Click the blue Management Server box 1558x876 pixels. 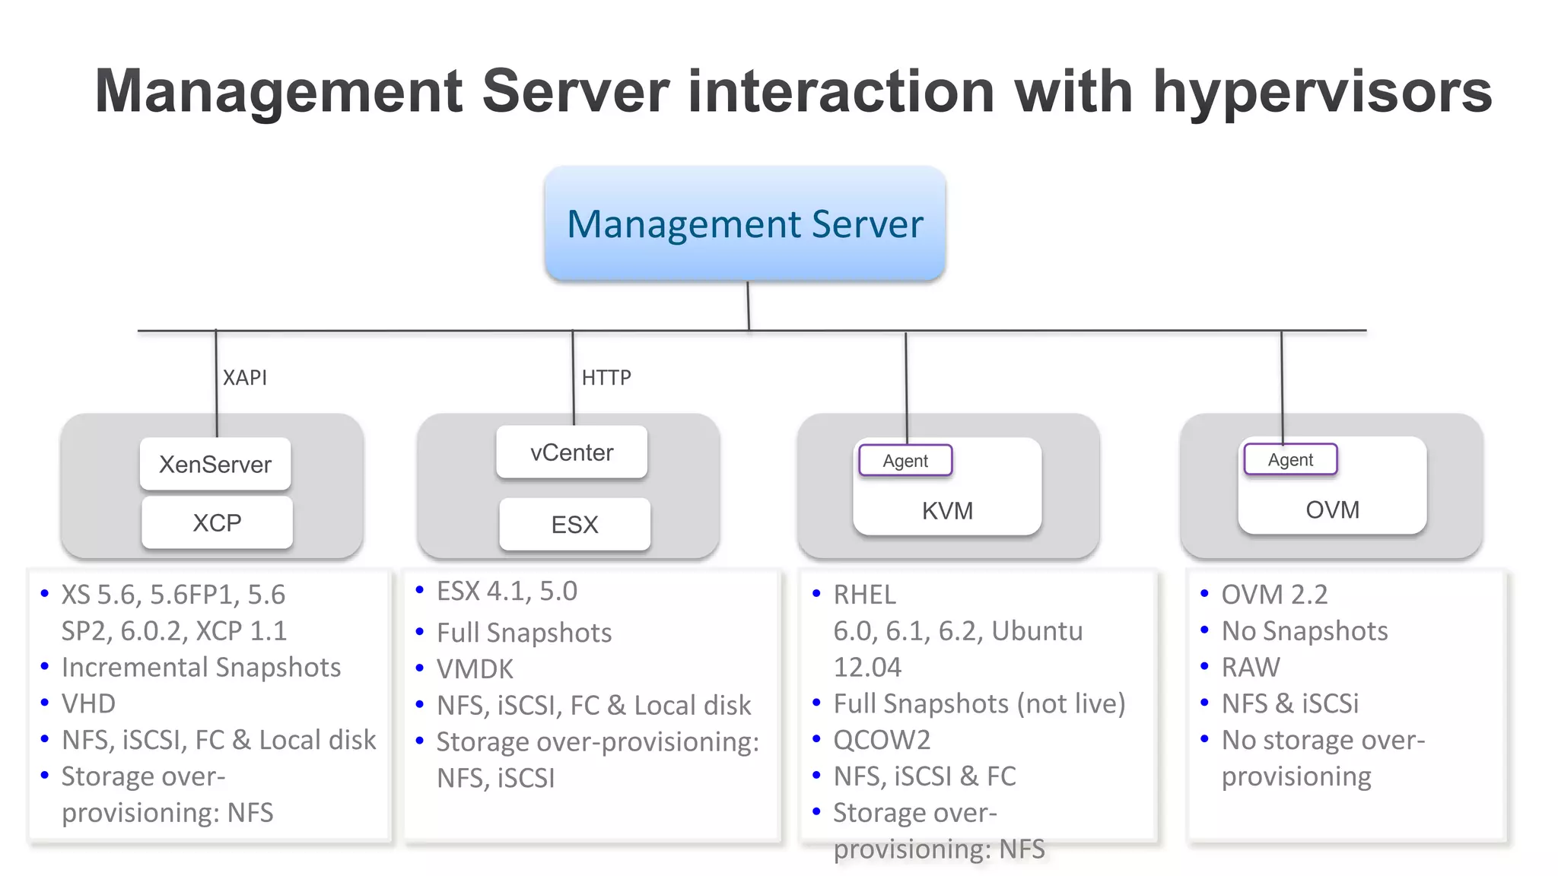[x=745, y=224]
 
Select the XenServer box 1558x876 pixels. [x=215, y=464]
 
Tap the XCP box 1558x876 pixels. [x=217, y=523]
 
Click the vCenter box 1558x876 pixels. [x=571, y=452]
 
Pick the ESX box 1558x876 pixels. [x=574, y=525]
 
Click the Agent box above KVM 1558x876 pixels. [x=905, y=461]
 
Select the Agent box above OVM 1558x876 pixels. [x=1290, y=460]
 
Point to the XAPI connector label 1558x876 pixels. [x=244, y=378]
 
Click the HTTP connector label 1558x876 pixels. [x=606, y=378]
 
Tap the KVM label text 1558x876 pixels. [x=947, y=511]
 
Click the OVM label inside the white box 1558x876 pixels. [x=1332, y=510]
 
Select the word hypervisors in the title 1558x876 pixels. [x=1322, y=91]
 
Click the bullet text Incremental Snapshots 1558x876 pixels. [x=201, y=668]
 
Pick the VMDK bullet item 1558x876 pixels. [x=475, y=669]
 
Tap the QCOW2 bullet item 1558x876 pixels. [x=882, y=740]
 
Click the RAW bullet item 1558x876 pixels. [x=1251, y=668]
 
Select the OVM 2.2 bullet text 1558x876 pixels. [x=1274, y=595]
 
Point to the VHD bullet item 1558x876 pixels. [x=88, y=704]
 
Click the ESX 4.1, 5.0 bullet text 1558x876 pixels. [x=507, y=592]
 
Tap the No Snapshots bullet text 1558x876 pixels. [x=1304, y=631]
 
